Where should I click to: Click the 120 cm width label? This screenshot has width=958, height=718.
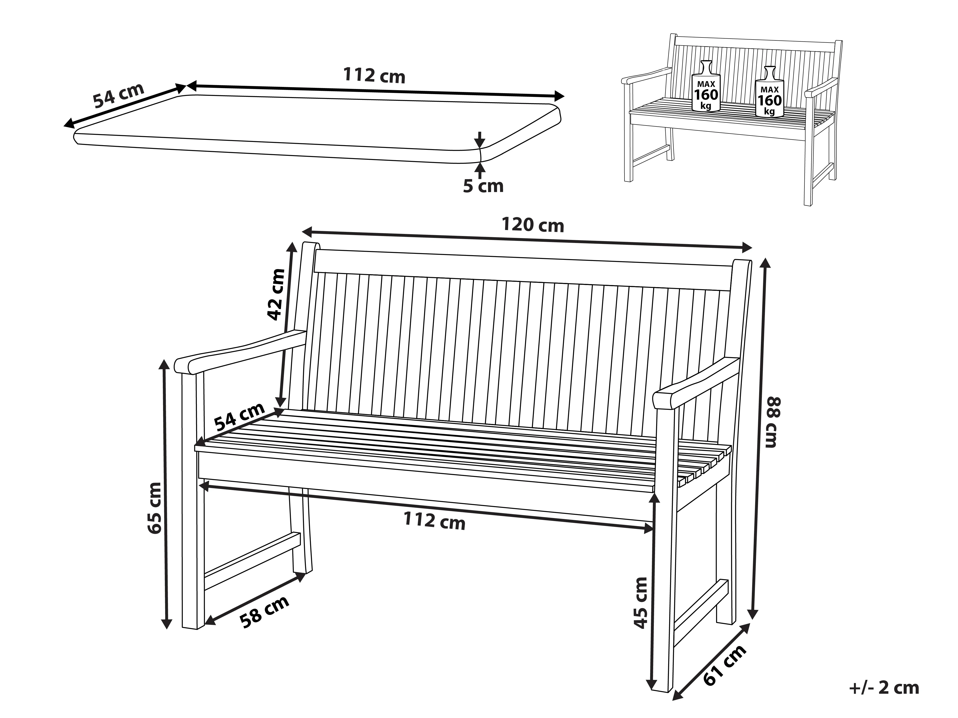click(533, 225)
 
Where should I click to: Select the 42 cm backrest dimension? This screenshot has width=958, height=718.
click(276, 294)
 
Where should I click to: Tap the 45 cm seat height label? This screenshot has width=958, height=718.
click(640, 602)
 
